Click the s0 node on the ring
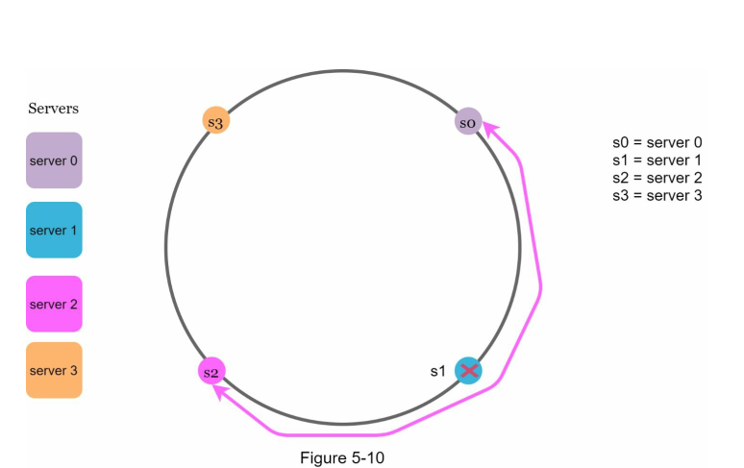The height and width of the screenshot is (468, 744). (x=468, y=122)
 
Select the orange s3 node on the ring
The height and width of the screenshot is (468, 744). (x=215, y=121)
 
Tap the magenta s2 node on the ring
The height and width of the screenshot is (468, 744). (x=211, y=371)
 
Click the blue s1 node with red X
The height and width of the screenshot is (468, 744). (x=468, y=370)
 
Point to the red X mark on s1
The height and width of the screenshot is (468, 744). (x=469, y=370)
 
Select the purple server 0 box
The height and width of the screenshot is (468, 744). (x=54, y=160)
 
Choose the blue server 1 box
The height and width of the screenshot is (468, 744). (x=54, y=231)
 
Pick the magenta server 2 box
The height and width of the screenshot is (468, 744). (x=54, y=304)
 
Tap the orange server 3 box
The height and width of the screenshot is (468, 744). (x=54, y=370)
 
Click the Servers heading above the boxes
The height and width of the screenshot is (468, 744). (x=54, y=109)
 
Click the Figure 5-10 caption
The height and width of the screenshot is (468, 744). (x=341, y=457)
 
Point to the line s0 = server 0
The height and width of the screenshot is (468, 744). (x=657, y=143)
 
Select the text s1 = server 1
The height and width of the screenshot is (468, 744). (x=657, y=160)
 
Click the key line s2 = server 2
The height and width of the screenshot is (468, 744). (x=657, y=178)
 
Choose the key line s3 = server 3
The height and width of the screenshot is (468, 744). (x=657, y=195)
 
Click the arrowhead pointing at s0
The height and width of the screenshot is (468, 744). (x=488, y=126)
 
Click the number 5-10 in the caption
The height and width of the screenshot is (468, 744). (x=366, y=457)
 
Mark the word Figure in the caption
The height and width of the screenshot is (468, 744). (x=322, y=457)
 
